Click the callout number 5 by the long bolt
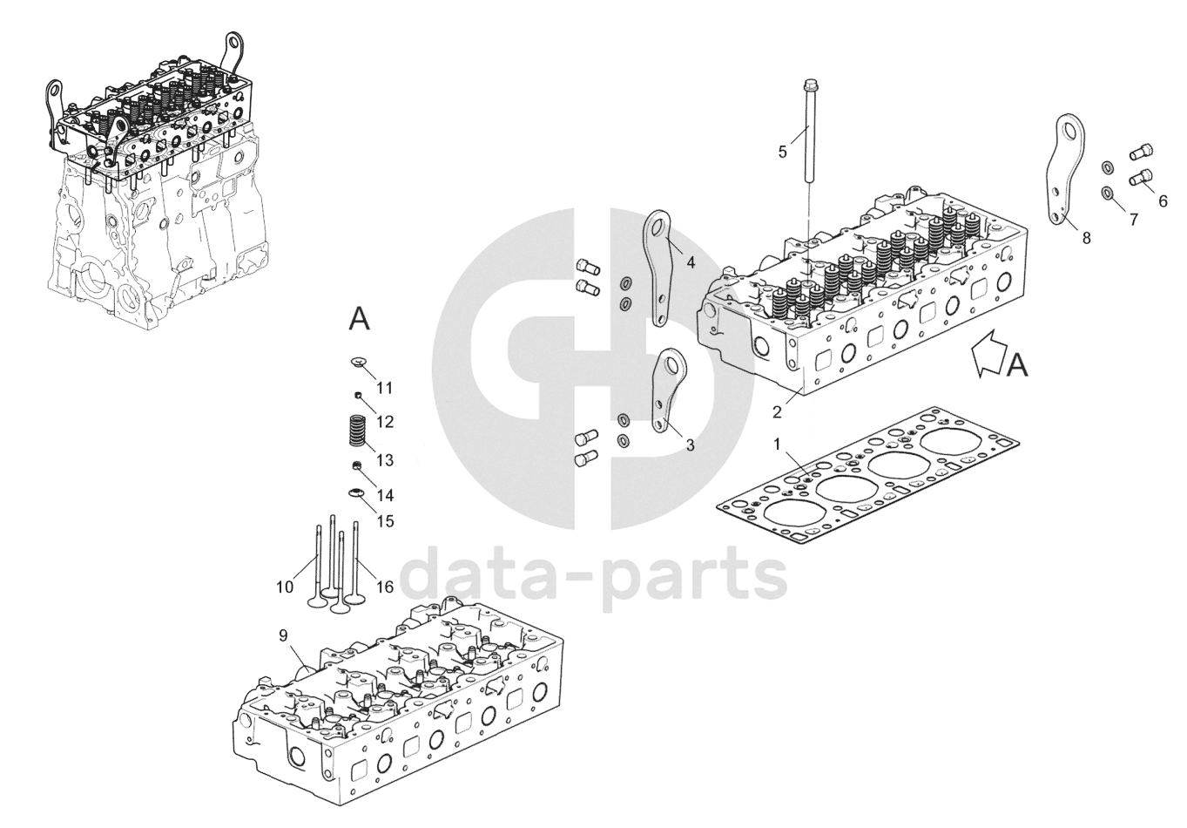(x=782, y=152)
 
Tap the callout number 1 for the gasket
(x=777, y=445)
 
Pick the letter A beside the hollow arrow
(x=1017, y=365)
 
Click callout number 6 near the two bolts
(x=1163, y=200)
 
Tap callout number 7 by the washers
(x=1133, y=220)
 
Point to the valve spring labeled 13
(x=358, y=433)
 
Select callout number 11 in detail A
(x=384, y=387)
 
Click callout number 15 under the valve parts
(x=384, y=521)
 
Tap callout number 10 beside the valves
(x=285, y=587)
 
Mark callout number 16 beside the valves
(x=384, y=587)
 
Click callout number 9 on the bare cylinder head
(x=283, y=635)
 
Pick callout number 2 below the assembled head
(x=777, y=412)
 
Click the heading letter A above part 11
(x=359, y=319)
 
